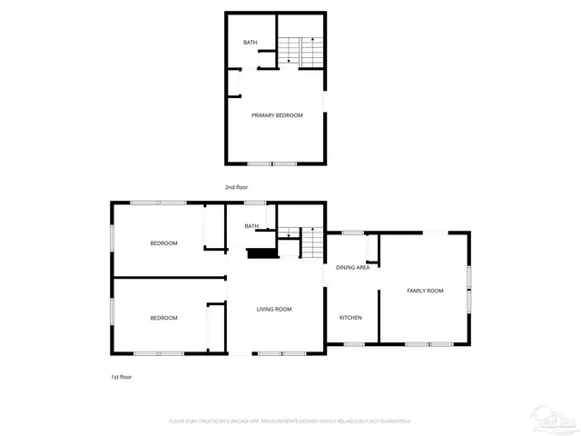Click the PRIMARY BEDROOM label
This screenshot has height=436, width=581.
[x=277, y=115]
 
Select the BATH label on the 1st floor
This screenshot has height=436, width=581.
[x=251, y=226]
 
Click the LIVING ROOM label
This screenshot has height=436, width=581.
[x=273, y=310]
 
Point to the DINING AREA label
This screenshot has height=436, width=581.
[x=352, y=268]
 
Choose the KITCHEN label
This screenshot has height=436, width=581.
[x=350, y=317]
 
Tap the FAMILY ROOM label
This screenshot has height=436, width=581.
[x=425, y=291]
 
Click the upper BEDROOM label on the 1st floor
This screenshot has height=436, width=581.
[x=163, y=243]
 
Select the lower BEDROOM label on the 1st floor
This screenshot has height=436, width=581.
[x=163, y=317]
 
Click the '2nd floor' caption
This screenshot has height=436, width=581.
[x=237, y=187]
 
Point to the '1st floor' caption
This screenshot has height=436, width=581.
[x=121, y=376]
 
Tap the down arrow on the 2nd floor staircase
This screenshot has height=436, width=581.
[x=289, y=56]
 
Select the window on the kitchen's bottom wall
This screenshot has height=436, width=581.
[x=354, y=344]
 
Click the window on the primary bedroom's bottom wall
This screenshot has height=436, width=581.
[x=273, y=163]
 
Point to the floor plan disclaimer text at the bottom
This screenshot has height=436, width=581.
[x=290, y=421]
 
